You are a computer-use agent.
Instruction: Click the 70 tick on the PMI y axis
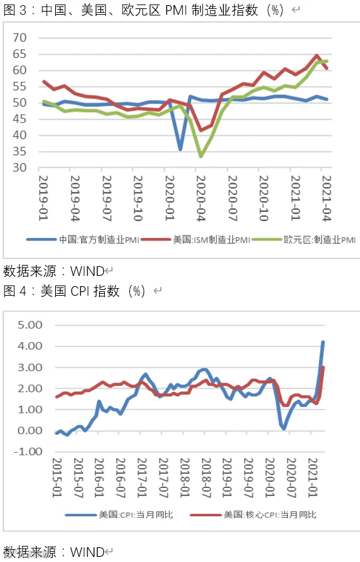20,38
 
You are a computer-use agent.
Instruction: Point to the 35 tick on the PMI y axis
20,152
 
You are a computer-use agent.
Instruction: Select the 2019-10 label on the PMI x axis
138,198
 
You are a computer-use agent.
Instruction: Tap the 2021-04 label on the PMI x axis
327,198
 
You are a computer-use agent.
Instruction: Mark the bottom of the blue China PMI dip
180,149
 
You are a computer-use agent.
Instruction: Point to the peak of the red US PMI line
317,55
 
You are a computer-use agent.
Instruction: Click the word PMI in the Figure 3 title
176,10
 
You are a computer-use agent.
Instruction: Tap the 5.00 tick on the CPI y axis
30,325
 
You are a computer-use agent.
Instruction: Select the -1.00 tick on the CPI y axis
28,451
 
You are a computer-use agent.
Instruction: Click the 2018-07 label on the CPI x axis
206,478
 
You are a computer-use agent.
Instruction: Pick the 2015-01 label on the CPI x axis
57,478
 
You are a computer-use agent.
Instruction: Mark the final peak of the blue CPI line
323,342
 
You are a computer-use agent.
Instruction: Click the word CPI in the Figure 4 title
80,291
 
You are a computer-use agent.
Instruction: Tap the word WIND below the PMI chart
87,271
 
